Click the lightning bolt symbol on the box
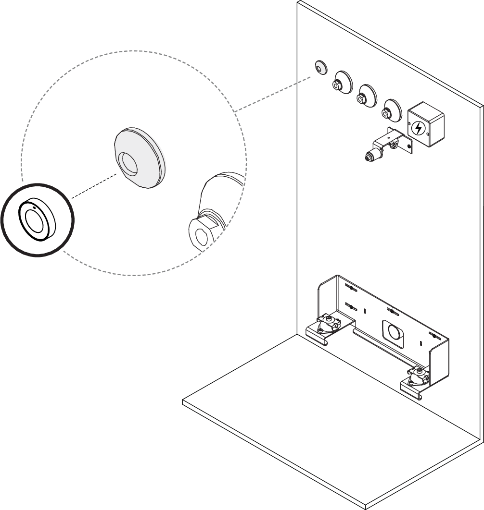click(419, 128)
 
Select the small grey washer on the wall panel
click(319, 67)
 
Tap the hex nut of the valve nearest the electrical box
click(386, 114)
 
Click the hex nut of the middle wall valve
click(360, 99)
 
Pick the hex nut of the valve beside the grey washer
click(336, 86)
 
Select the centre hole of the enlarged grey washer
click(128, 164)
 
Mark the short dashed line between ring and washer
click(94, 186)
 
